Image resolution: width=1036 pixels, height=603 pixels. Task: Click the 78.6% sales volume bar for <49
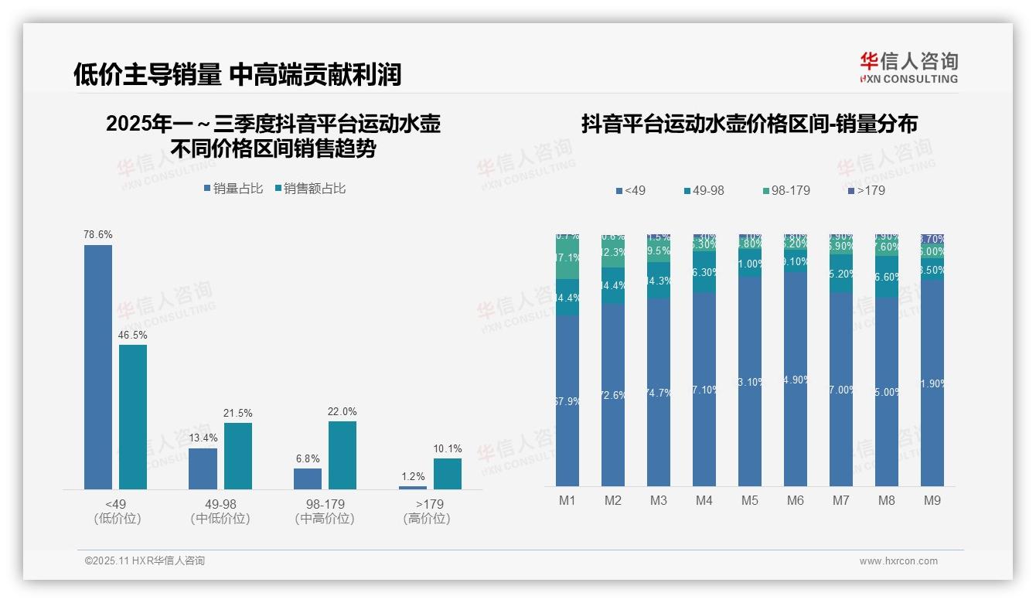tap(98, 366)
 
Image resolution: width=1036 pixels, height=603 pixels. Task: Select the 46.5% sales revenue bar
tap(133, 417)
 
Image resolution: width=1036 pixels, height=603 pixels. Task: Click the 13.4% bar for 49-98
tap(203, 468)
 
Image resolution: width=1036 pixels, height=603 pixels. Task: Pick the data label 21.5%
tap(238, 413)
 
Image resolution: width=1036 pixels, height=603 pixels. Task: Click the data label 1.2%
tap(412, 476)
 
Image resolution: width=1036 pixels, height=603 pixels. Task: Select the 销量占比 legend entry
tap(233, 188)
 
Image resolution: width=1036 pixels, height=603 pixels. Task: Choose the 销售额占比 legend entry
tap(310, 188)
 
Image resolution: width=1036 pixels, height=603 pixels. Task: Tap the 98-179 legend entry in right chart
tap(786, 190)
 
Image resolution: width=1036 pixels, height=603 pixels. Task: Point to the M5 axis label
tap(749, 500)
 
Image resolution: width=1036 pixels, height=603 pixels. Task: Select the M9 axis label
tap(932, 500)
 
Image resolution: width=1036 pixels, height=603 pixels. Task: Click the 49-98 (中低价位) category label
tap(220, 511)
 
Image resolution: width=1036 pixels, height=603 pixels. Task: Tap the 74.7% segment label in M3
tap(658, 393)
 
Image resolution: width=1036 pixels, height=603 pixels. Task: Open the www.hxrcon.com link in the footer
tap(898, 561)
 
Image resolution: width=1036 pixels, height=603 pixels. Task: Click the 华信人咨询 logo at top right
tap(908, 67)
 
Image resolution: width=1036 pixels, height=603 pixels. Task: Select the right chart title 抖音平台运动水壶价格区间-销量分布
tap(749, 124)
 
